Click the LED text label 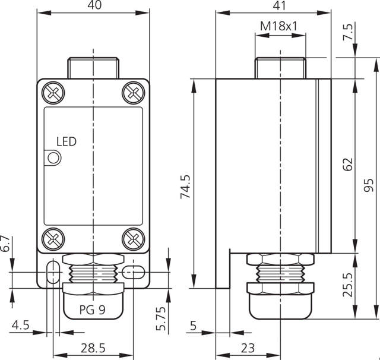[66, 141]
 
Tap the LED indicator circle [53, 158]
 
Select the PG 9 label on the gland [93, 310]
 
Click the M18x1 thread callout [278, 26]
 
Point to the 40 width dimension [94, 5]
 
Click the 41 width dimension [279, 5]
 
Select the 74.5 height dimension [186, 187]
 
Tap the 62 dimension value [348, 165]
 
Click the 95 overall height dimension [369, 185]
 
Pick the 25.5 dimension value [348, 285]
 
